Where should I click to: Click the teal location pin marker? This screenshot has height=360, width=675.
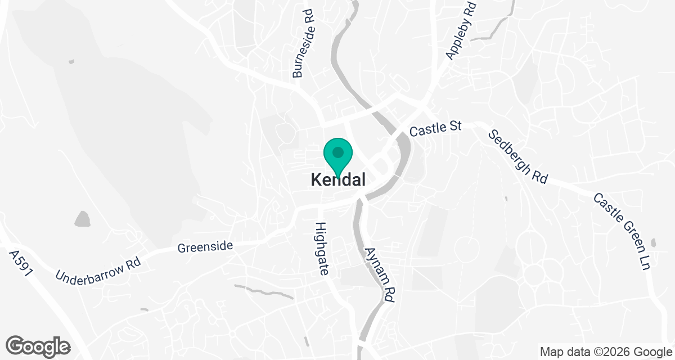[337, 156]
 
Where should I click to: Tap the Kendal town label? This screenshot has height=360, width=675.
[338, 180]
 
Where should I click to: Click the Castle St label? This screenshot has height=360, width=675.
[435, 129]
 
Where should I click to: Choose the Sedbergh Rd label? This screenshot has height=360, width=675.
[517, 157]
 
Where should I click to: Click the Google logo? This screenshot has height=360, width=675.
[38, 346]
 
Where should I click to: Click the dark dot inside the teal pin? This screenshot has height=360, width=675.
[337, 152]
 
